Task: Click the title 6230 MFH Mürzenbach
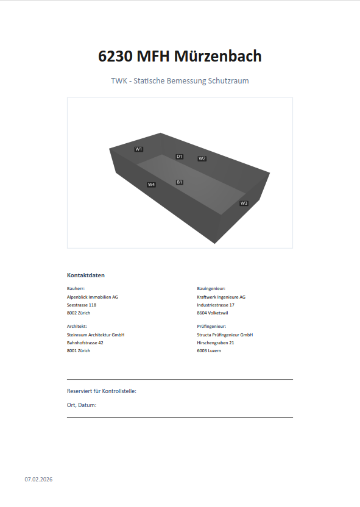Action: click(180, 56)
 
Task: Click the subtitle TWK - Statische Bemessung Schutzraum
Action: click(180, 80)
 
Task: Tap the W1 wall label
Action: click(139, 149)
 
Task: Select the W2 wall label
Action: click(202, 158)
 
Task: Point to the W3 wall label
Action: click(244, 203)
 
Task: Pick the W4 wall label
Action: click(151, 184)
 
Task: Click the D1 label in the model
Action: click(180, 157)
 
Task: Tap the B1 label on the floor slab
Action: click(180, 182)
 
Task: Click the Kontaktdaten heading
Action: click(86, 275)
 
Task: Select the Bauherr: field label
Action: click(76, 288)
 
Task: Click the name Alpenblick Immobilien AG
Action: click(93, 297)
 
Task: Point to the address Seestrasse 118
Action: click(82, 305)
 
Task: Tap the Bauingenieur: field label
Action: click(211, 288)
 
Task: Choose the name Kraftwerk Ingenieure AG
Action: click(221, 297)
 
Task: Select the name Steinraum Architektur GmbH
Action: click(96, 335)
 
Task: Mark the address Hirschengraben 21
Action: click(216, 342)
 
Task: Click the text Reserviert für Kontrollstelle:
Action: click(102, 391)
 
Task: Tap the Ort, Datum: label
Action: click(82, 405)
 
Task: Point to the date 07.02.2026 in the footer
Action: click(38, 480)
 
